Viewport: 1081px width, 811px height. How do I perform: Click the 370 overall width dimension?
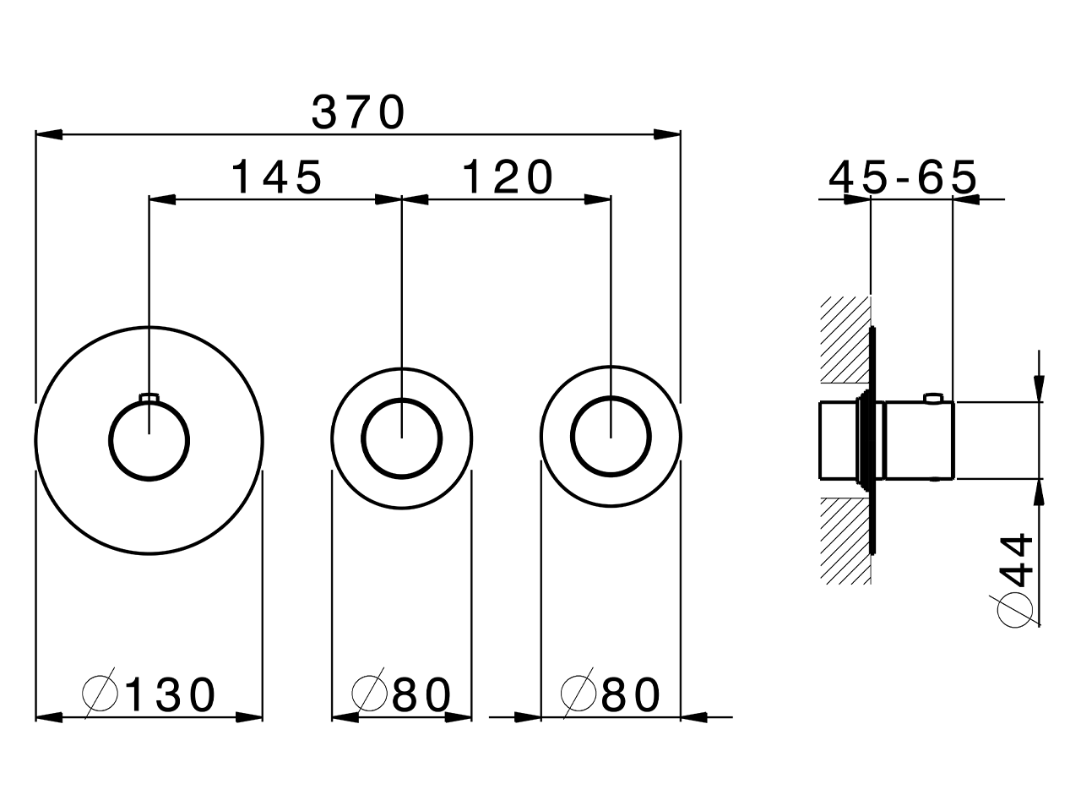pyautogui.click(x=359, y=112)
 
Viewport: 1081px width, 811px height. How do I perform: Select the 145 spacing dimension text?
pyautogui.click(x=276, y=177)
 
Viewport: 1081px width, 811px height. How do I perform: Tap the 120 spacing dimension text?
pyautogui.click(x=508, y=177)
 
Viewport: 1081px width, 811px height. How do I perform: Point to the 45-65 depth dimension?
pyautogui.click(x=902, y=177)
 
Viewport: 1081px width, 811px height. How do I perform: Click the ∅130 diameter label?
pyautogui.click(x=150, y=694)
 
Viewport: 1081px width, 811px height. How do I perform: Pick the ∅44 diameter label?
pyautogui.click(x=1017, y=580)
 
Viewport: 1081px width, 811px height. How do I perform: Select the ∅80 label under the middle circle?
pyautogui.click(x=402, y=694)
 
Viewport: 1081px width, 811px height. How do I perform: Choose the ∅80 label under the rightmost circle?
pyautogui.click(x=611, y=694)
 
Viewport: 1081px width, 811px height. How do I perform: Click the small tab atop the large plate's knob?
pyautogui.click(x=149, y=396)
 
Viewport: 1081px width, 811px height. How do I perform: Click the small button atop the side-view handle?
pyautogui.click(x=933, y=397)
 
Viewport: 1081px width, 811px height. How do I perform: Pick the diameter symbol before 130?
pyautogui.click(x=100, y=694)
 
